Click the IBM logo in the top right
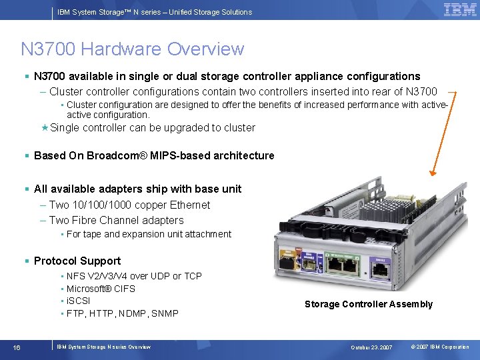tap(460, 9)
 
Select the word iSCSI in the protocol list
tap(78, 301)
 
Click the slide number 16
tap(17, 347)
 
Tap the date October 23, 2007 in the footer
tap(373, 347)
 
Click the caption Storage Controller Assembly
tap(369, 305)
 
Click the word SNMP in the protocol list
tap(165, 313)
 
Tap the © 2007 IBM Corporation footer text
tap(440, 347)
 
